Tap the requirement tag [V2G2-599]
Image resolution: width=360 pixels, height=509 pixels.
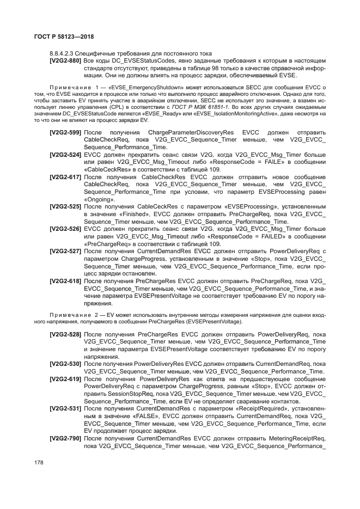pyautogui.click(x=65, y=133)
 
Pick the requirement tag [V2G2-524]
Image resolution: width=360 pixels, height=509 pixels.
pyautogui.click(x=65, y=155)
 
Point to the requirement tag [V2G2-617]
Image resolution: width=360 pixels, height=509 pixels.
pyautogui.click(x=65, y=177)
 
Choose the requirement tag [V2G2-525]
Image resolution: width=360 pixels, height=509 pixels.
pyautogui.click(x=65, y=207)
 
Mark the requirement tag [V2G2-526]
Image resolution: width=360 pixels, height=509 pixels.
pyautogui.click(x=65, y=229)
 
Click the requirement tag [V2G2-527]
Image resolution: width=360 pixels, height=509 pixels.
pyautogui.click(x=65, y=252)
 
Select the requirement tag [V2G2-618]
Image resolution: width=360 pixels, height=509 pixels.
pyautogui.click(x=65, y=281)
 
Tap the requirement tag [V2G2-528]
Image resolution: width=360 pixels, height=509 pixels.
pyautogui.click(x=65, y=334)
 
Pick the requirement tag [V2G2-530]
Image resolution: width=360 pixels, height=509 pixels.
pyautogui.click(x=65, y=364)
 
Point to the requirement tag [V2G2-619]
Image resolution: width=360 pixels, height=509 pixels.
pyautogui.click(x=65, y=378)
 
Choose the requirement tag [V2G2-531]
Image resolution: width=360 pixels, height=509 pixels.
pyautogui.click(x=65, y=408)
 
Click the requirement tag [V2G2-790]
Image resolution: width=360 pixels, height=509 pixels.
pyautogui.click(x=65, y=438)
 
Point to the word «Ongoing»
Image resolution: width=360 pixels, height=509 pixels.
pyautogui.click(x=99, y=200)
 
